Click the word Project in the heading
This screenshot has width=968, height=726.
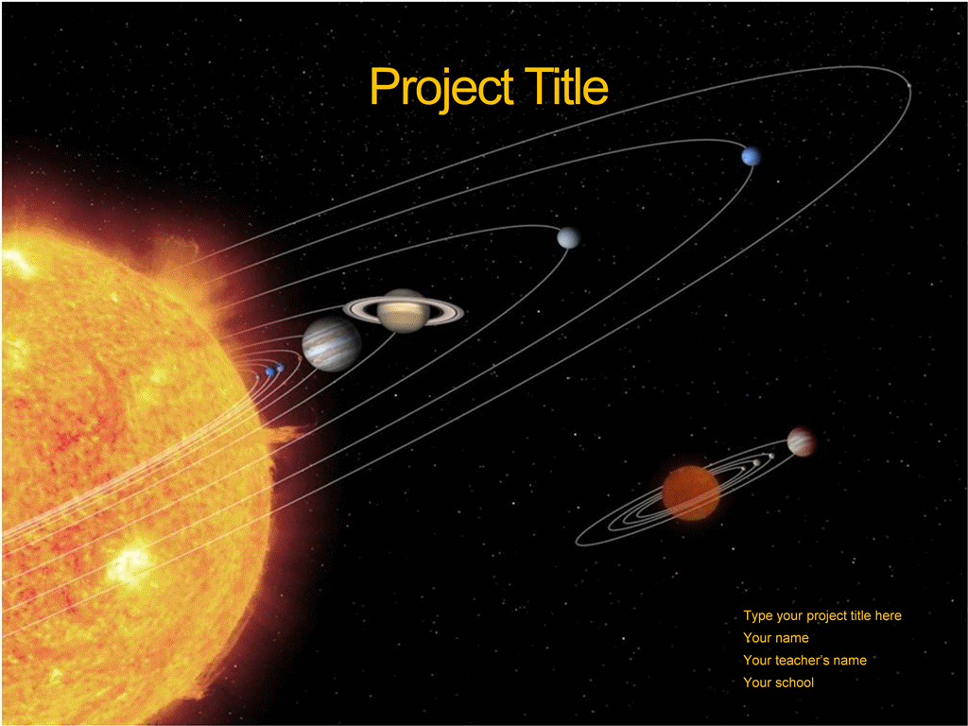[441, 88]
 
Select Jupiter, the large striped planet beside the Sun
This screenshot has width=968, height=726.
[332, 344]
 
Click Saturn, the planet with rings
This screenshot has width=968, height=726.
[403, 310]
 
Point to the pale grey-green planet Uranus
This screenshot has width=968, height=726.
[568, 237]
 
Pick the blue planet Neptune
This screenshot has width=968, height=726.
[751, 156]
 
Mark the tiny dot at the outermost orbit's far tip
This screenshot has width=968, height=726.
[908, 86]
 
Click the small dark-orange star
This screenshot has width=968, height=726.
[691, 493]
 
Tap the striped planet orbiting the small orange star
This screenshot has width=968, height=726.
[802, 442]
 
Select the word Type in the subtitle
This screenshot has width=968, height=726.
[758, 616]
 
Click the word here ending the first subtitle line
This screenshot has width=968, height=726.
[888, 615]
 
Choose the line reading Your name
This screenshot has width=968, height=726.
[776, 638]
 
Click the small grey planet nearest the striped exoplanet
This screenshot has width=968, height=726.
[771, 457]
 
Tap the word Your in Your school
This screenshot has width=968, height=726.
[757, 683]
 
